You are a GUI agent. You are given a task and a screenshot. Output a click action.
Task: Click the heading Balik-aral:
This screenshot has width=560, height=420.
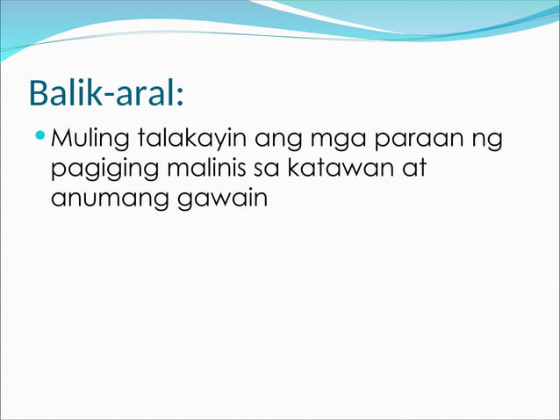coord(105,92)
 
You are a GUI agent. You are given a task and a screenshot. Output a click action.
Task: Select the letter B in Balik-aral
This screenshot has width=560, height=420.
coord(39,92)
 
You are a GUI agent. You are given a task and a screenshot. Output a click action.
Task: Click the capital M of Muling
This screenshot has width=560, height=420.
coord(62,139)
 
